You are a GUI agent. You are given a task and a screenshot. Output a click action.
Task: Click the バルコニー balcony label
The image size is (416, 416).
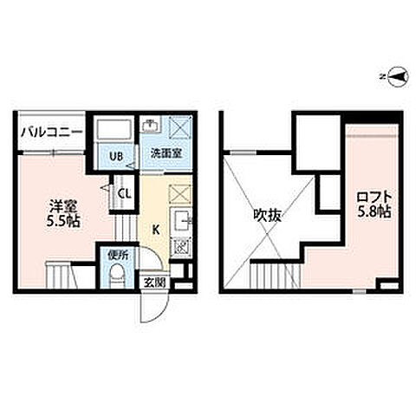coord(51,133)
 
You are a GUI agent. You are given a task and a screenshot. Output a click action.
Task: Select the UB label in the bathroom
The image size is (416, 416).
coord(114,156)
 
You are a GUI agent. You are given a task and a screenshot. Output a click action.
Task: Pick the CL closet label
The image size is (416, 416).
coord(124,194)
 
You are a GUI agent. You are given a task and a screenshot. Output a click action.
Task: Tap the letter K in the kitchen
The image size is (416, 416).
coord(156,230)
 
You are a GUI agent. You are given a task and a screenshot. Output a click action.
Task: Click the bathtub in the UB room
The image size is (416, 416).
coord(113,132)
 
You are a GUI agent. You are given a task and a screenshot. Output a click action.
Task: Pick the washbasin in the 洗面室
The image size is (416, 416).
coord(148,126)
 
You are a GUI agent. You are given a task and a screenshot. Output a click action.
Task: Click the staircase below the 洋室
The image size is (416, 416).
coord(64,278)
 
